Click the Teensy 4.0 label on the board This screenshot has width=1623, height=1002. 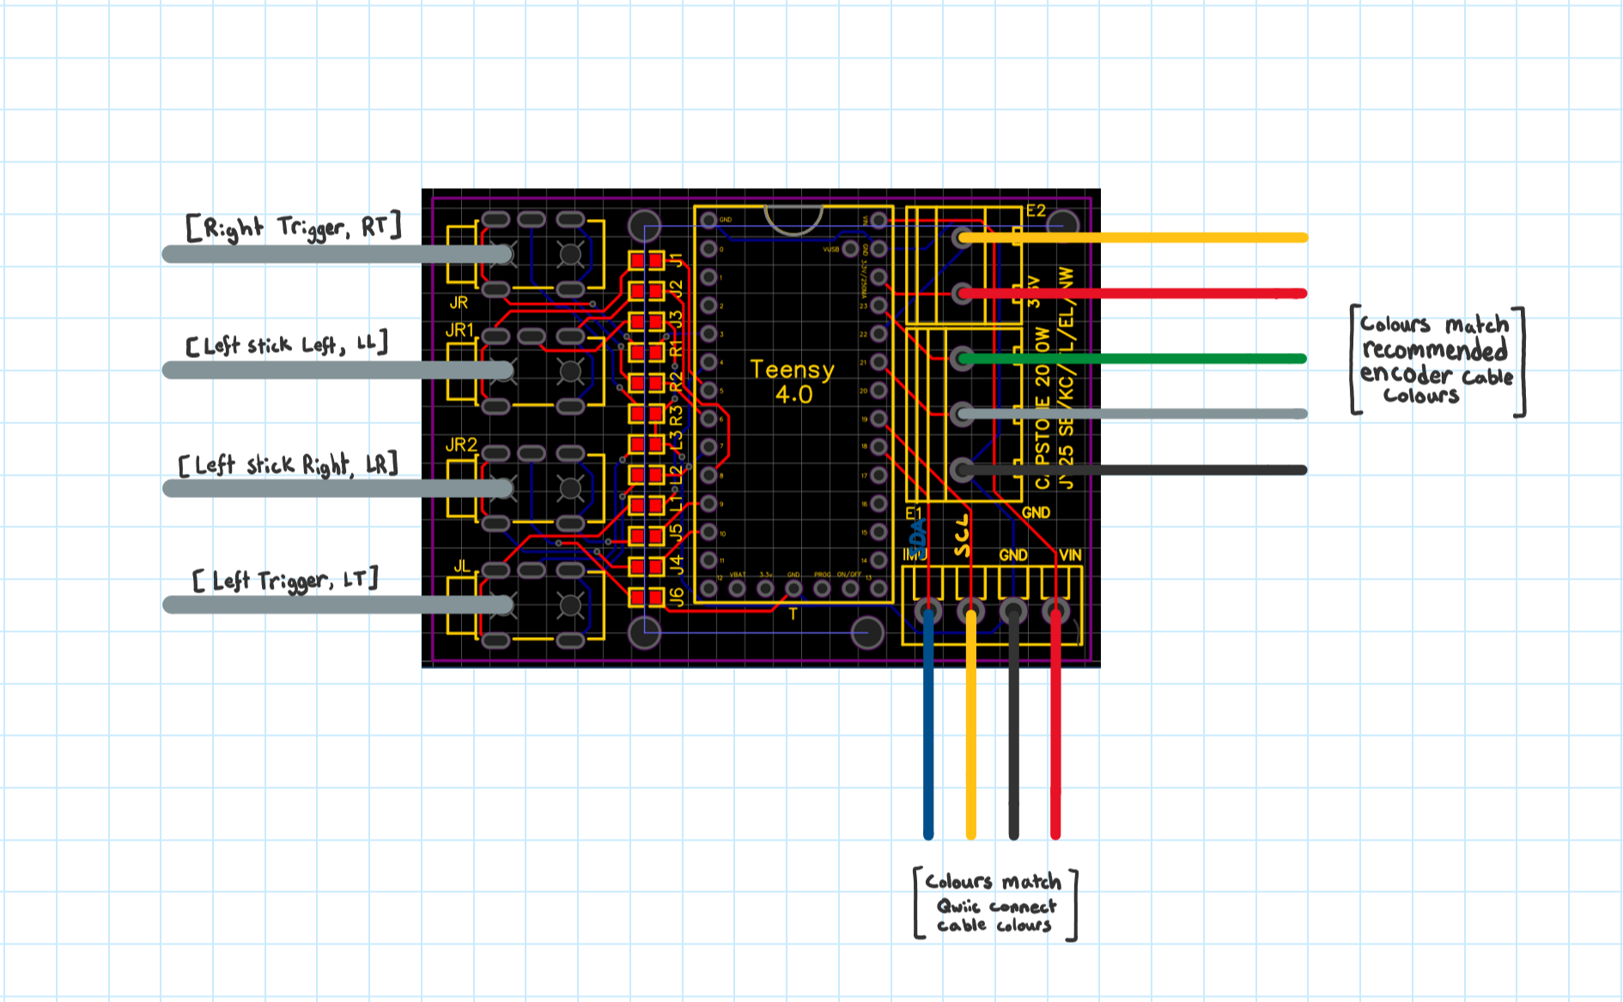792,382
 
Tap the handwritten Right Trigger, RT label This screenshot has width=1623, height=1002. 294,228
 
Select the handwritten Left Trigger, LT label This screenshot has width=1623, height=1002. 286,580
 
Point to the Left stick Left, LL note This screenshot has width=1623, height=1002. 287,345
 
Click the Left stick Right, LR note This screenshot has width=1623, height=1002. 289,465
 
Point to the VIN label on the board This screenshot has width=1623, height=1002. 1070,555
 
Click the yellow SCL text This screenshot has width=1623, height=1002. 962,536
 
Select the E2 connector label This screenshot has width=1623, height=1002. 1036,210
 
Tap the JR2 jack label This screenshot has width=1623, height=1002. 461,445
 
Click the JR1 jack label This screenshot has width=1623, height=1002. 459,330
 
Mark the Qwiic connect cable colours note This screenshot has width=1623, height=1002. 995,904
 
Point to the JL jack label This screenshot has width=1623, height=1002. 462,566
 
